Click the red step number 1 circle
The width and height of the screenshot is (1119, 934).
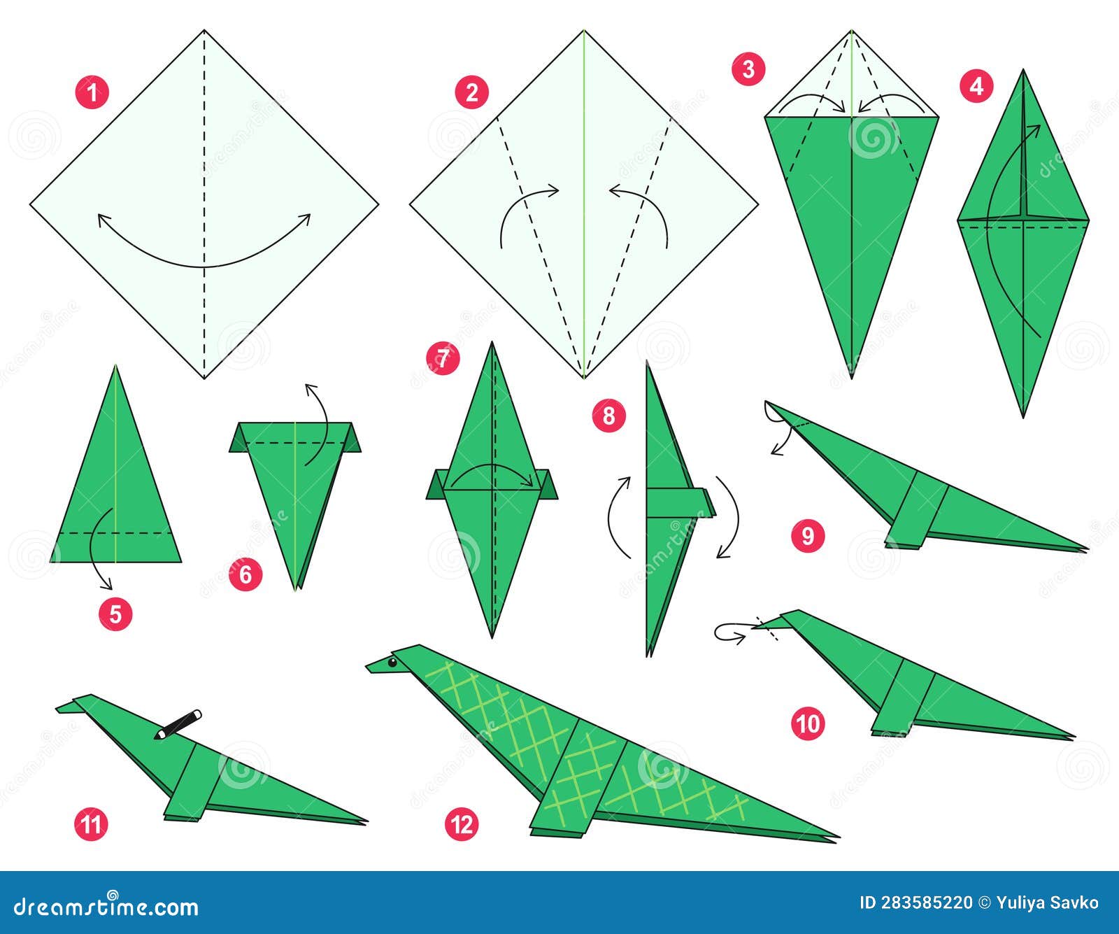point(92,92)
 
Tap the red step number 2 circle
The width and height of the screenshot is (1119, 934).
point(471,92)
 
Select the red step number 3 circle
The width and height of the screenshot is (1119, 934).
point(748,69)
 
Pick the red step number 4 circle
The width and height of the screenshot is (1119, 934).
point(976,87)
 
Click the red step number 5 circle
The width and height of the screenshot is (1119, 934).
point(115,614)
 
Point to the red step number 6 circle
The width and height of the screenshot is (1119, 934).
point(245,574)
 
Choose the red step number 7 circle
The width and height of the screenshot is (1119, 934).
point(443,359)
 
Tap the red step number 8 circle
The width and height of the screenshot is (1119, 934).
point(608,416)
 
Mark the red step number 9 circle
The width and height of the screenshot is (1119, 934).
point(808,536)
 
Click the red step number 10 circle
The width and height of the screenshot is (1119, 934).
point(808,723)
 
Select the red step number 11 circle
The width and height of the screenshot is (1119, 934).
point(91,824)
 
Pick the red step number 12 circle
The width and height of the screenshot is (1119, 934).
point(462,824)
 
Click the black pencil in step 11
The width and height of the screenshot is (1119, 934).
point(179,725)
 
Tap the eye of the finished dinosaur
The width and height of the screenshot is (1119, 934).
point(392,662)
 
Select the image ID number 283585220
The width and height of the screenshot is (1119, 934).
point(915,903)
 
